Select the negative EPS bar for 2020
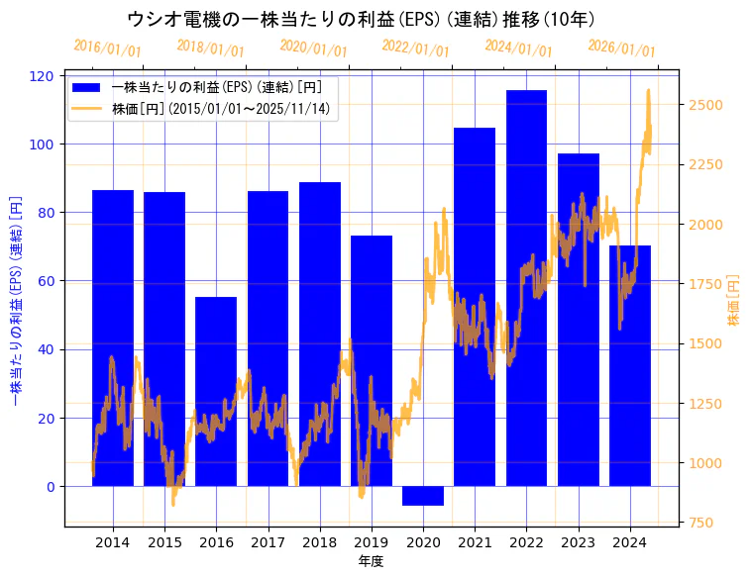coord(423,496)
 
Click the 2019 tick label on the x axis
coord(372,541)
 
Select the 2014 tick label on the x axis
coord(113,541)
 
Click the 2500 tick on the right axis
coord(706,105)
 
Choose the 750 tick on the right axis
coord(702,523)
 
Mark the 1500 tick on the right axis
coord(706,343)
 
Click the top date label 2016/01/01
coord(108,48)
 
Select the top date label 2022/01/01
coord(416,48)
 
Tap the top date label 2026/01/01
coord(622,48)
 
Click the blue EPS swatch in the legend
coord(88,87)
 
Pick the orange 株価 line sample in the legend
coord(88,108)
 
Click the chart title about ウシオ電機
coord(361,20)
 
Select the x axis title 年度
coord(372,561)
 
